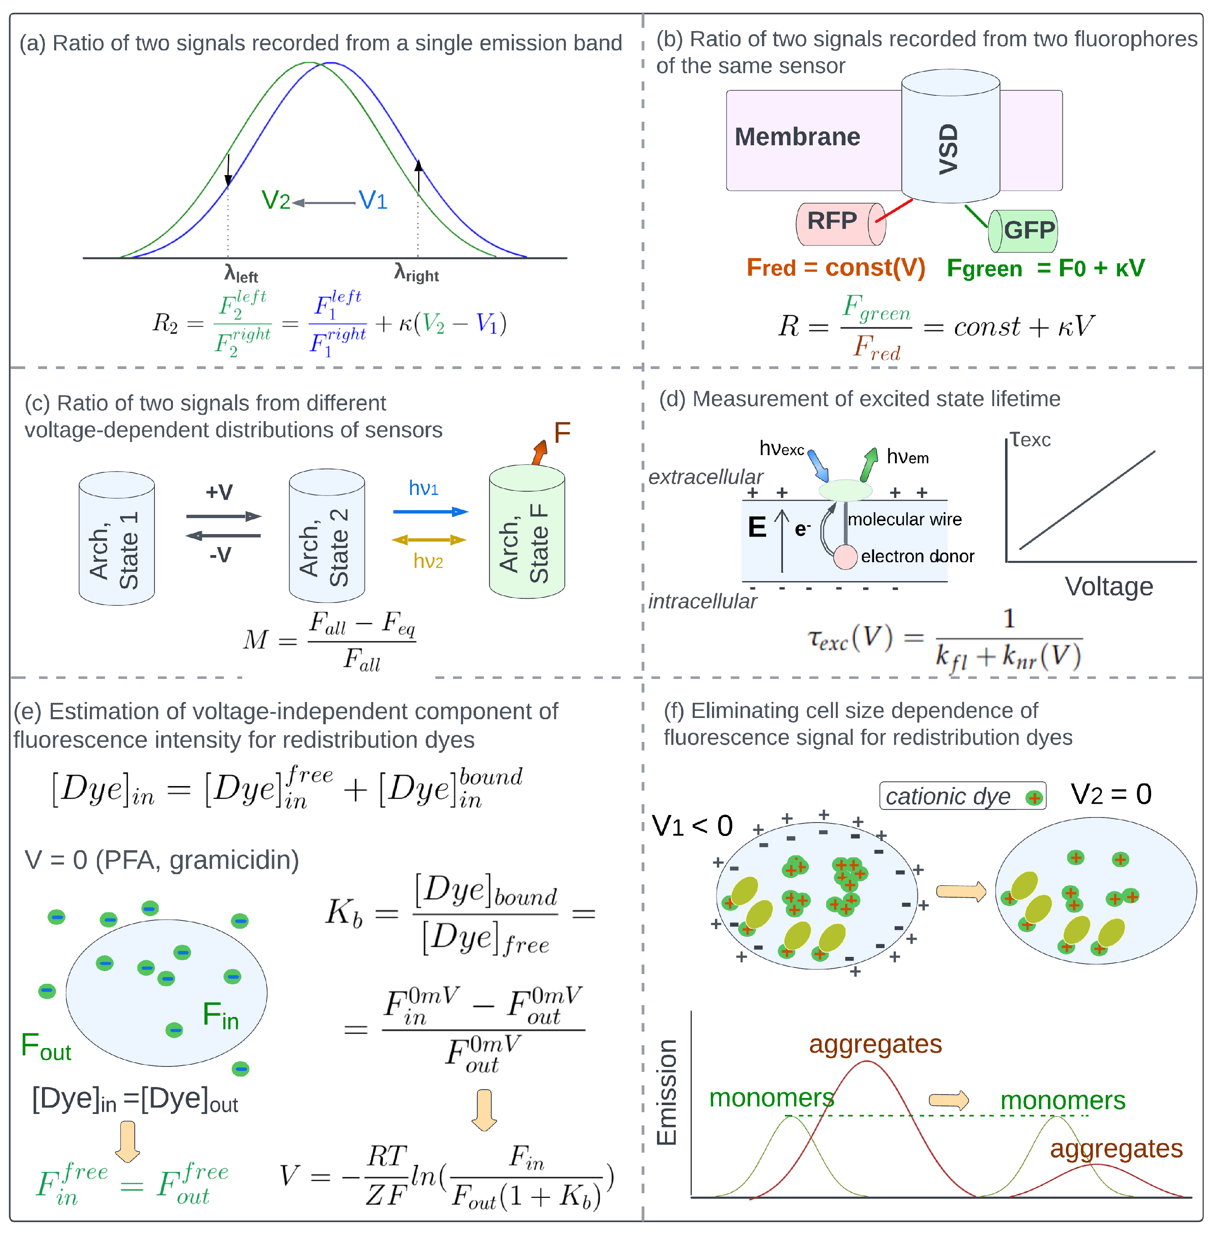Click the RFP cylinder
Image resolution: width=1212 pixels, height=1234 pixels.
click(x=839, y=223)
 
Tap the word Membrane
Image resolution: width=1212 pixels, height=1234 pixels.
click(x=797, y=137)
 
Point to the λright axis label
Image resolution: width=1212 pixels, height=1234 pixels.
click(x=416, y=274)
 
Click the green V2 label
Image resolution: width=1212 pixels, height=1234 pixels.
click(x=276, y=201)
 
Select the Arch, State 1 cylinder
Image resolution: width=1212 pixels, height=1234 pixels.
click(x=116, y=538)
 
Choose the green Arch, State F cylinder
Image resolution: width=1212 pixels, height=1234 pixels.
click(x=526, y=532)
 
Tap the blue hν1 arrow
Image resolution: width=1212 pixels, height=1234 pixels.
click(x=430, y=511)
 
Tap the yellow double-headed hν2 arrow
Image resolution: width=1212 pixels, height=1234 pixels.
click(x=429, y=540)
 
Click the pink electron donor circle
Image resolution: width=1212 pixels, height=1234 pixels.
click(x=846, y=556)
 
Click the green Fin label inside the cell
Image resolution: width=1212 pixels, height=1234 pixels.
click(x=220, y=1014)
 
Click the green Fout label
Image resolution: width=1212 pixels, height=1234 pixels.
click(x=46, y=1047)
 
